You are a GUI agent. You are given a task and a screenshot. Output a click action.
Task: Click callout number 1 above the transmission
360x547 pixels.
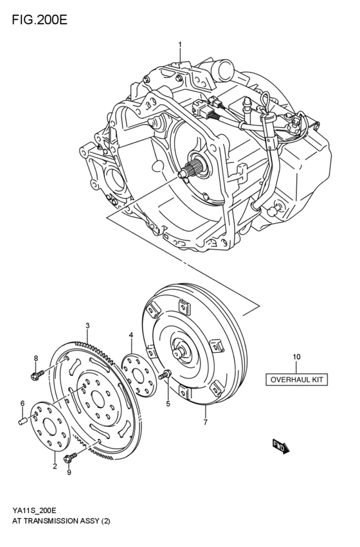[180, 44]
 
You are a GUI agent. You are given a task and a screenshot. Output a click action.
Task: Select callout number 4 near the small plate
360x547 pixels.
[131, 336]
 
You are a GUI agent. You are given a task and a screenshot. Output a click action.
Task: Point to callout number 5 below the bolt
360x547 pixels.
[168, 404]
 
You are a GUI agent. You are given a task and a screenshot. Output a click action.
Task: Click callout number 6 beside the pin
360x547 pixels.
[21, 404]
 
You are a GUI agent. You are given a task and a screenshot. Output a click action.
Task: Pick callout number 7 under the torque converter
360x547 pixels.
[205, 422]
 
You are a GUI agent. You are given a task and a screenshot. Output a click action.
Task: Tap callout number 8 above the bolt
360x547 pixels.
[36, 357]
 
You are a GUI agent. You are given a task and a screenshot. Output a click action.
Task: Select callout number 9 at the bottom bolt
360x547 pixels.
[69, 472]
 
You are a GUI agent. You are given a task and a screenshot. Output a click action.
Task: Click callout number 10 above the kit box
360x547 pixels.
[296, 357]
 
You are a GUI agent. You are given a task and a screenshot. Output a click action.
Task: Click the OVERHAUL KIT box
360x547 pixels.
[296, 379]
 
